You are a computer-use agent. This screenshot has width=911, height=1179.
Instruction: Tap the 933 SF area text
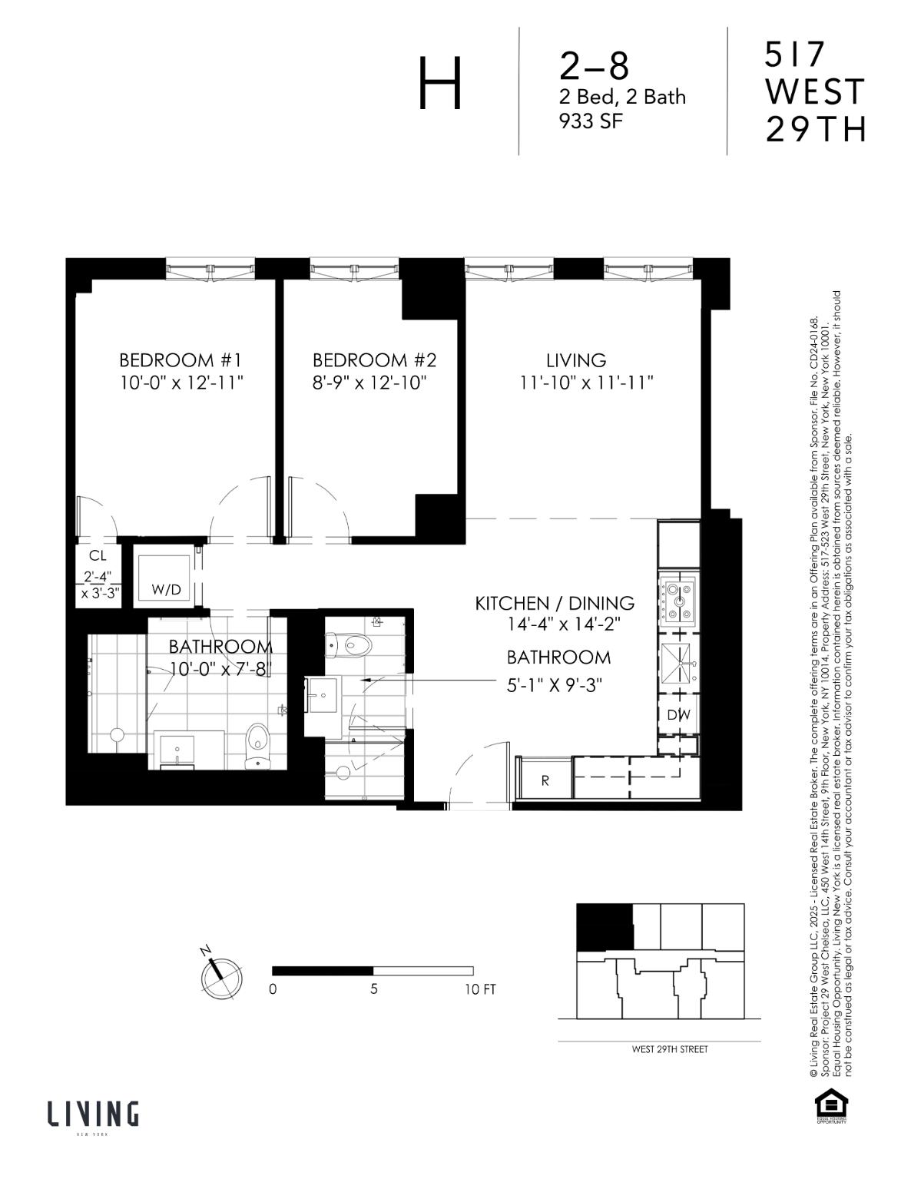click(590, 121)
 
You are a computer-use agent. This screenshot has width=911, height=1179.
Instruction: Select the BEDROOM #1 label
click(181, 360)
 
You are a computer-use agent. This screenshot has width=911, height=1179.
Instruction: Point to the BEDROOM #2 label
click(374, 360)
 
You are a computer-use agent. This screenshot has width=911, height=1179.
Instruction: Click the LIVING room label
click(576, 360)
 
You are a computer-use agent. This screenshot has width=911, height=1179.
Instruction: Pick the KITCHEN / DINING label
click(555, 604)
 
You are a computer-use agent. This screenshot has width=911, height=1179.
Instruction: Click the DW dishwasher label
click(678, 715)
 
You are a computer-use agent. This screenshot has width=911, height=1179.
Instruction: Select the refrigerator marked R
click(545, 780)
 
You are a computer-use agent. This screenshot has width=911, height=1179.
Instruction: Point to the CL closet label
click(98, 556)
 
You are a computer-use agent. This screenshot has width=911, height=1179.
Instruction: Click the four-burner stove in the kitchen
click(677, 599)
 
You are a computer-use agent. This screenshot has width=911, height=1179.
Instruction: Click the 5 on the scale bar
click(373, 989)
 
